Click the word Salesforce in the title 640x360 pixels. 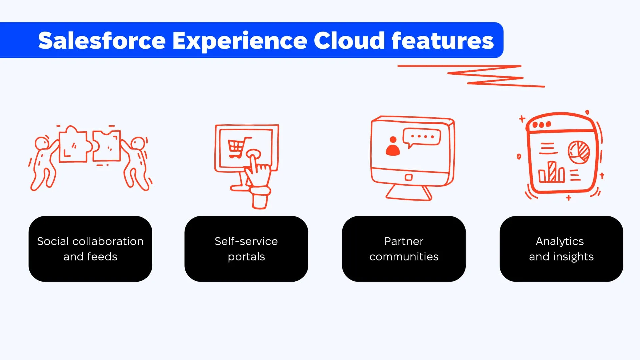102,41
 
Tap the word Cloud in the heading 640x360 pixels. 349,41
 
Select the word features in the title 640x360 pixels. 442,41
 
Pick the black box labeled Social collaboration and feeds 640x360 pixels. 90,249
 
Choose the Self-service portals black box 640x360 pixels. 246,249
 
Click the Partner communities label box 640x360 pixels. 404,249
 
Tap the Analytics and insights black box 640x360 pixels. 561,249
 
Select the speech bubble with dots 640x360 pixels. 422,137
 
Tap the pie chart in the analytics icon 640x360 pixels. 579,152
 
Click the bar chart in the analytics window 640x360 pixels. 551,172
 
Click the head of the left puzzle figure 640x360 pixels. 42,143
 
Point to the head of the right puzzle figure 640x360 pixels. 138,143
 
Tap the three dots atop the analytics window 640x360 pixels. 542,125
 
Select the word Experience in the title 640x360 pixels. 240,41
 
